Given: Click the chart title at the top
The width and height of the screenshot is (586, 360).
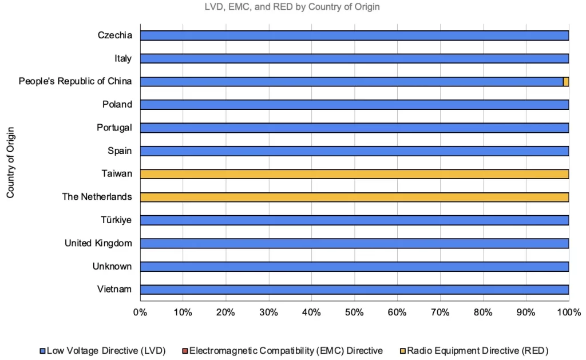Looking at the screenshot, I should click(x=292, y=7).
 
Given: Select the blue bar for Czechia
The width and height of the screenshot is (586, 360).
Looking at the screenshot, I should click(x=354, y=35).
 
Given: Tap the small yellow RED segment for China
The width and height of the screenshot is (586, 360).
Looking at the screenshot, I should click(x=566, y=82).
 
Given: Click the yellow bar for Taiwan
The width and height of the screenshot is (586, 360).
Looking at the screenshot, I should click(x=354, y=174).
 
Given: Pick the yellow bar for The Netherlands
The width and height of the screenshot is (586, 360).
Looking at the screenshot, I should click(x=354, y=197).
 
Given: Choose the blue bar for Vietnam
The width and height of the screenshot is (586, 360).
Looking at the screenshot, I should click(x=354, y=290).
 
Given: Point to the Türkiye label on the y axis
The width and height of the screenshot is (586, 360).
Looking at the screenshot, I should click(x=116, y=220).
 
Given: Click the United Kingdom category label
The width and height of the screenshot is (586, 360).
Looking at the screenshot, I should click(x=98, y=243).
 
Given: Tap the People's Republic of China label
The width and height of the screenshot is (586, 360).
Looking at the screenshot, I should click(x=75, y=81).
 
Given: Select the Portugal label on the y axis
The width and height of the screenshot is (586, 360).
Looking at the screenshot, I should click(x=114, y=128).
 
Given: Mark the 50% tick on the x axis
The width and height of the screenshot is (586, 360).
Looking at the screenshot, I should click(x=354, y=312).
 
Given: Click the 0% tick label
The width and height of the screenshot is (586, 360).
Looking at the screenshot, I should click(x=140, y=312).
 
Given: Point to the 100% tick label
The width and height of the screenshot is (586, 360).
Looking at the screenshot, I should click(x=568, y=312).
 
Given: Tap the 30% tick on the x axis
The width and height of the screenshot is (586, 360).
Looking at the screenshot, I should click(x=268, y=312).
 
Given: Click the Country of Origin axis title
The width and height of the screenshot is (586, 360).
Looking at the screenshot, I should click(x=10, y=163).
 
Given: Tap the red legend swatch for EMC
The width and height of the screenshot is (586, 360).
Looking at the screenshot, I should click(x=185, y=350).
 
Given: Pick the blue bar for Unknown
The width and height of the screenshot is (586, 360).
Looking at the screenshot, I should click(x=354, y=267).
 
